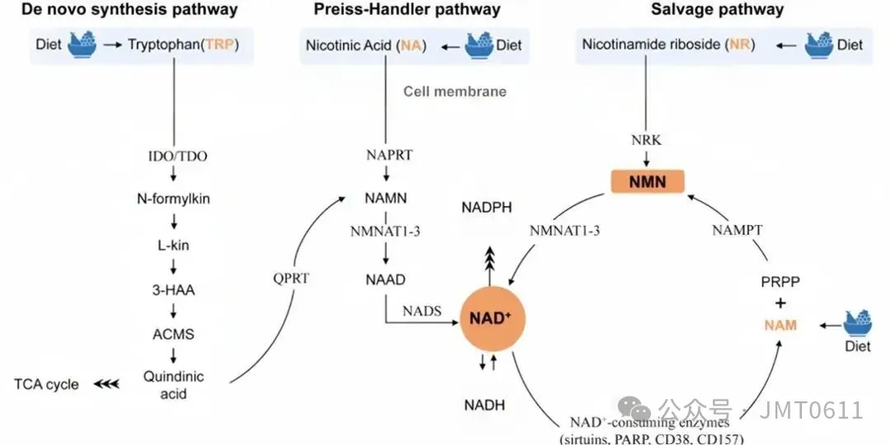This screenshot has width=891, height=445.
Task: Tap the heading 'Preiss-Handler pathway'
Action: pos(407,10)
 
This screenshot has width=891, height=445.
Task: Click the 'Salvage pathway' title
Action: pos(717,10)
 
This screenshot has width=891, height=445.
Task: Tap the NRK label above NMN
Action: pos(646,140)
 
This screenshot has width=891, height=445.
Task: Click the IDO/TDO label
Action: pos(173,154)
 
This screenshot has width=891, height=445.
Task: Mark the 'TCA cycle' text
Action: pos(46,384)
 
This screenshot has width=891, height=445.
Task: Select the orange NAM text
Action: pos(780,325)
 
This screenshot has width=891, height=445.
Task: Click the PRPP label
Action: pos(780,281)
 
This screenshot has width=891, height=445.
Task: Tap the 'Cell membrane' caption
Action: pos(455,91)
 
